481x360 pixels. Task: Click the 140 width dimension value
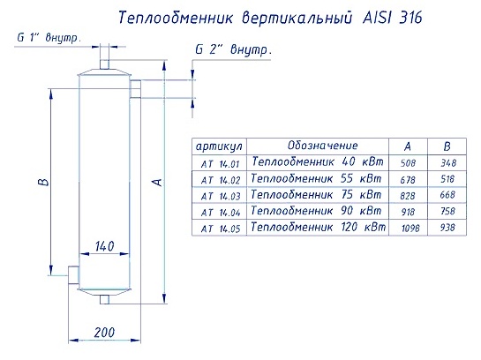[104, 246]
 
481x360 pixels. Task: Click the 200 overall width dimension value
[104, 333]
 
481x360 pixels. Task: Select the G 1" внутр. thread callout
[49, 38]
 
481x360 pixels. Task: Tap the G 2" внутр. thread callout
[234, 49]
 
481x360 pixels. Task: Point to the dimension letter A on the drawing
[157, 182]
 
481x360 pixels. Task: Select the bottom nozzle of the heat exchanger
[105, 299]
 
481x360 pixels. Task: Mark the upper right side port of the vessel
[135, 89]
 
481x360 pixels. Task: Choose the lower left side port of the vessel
[73, 274]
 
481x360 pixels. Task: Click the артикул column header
[219, 146]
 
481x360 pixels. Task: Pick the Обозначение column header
[323, 145]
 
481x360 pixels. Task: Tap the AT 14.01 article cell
[220, 164]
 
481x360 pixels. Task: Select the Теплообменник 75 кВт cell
[316, 195]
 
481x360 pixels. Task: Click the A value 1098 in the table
[410, 228]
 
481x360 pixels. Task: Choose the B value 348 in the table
[448, 163]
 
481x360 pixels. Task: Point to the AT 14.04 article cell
[221, 212]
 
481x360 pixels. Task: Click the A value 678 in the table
[408, 180]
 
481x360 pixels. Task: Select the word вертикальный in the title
[297, 18]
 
